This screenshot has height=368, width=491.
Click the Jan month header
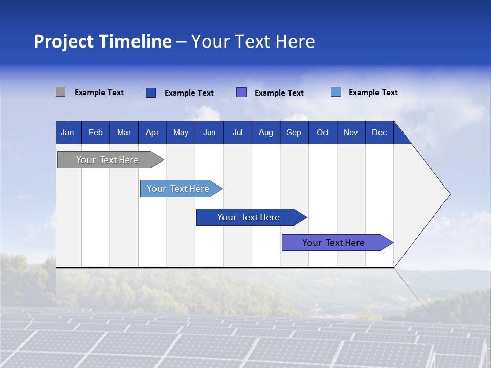[x=68, y=132]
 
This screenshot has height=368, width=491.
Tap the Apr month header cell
[x=152, y=132]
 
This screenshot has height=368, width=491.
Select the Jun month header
[x=209, y=132]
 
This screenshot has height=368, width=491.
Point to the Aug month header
[x=266, y=132]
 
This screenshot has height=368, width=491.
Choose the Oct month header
[x=323, y=132]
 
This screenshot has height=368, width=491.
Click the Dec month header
[x=380, y=132]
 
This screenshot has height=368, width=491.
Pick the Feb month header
[x=96, y=132]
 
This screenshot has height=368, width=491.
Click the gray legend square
[x=60, y=92]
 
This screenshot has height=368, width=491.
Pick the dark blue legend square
[x=151, y=93]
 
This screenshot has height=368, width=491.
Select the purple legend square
[x=241, y=93]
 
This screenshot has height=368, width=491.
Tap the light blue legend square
[x=336, y=92]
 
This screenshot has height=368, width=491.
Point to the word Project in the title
[x=64, y=41]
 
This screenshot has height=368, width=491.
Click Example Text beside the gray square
[x=99, y=93]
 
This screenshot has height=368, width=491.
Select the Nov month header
[x=351, y=132]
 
